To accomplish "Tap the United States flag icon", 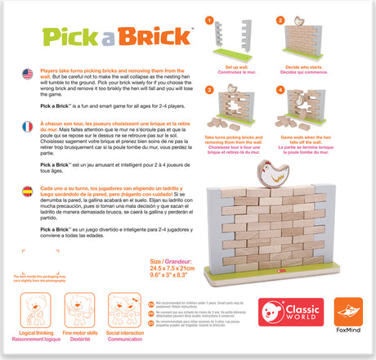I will coord(29,74).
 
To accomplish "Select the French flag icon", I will coord(29,126).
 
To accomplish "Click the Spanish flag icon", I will coord(29,189).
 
